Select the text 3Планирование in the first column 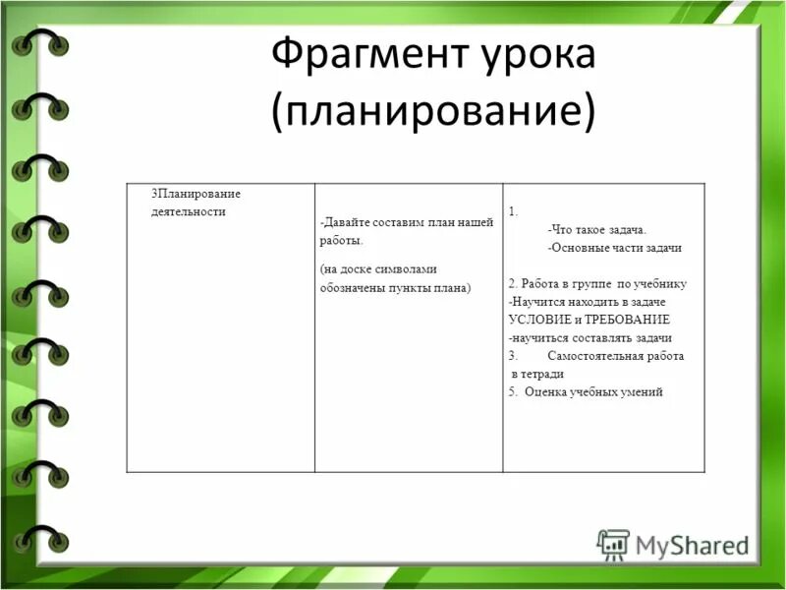[x=196, y=193]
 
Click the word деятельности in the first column [x=182, y=210]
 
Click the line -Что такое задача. [x=597, y=229]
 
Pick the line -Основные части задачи [x=615, y=248]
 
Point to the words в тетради [x=537, y=374]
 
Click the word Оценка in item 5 [x=545, y=391]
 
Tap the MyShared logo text [x=691, y=544]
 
